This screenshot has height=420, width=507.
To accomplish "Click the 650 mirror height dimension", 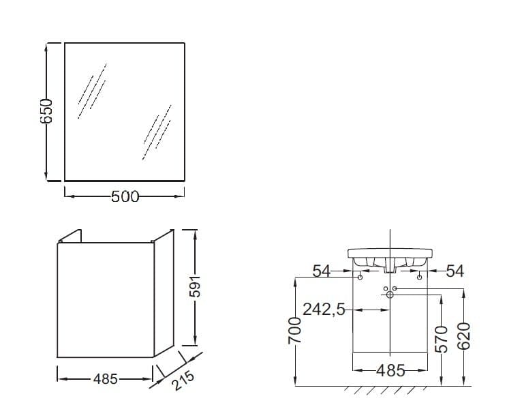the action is click(x=46, y=111).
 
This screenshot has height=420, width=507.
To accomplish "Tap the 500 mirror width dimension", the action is click(x=125, y=196).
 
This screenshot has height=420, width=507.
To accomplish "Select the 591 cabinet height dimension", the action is click(x=195, y=286).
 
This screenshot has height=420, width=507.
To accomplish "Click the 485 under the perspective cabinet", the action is click(x=106, y=378).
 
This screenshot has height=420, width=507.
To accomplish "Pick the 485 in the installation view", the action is click(x=390, y=370).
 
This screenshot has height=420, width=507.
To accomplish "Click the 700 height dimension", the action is click(x=294, y=330).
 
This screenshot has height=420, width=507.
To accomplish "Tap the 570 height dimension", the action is click(x=442, y=339).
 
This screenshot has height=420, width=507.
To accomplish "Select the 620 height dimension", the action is click(x=463, y=336).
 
